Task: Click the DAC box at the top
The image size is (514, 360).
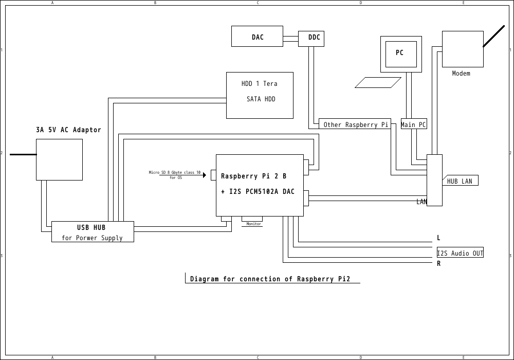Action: [x=257, y=37]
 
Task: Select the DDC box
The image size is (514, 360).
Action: [x=311, y=38]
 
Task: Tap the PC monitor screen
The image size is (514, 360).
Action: [x=401, y=53]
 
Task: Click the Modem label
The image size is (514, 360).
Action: [x=461, y=74]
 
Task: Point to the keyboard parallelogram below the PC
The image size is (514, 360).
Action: [x=378, y=82]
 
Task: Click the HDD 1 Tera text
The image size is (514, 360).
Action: [x=260, y=84]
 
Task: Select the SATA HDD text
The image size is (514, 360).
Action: [x=261, y=99]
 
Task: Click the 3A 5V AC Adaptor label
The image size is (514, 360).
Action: [x=68, y=130]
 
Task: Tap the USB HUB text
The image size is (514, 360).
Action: [x=91, y=227]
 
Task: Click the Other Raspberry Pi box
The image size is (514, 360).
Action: [x=355, y=124]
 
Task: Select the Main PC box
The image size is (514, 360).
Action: [x=414, y=124]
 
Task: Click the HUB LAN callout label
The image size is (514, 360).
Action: [x=460, y=181]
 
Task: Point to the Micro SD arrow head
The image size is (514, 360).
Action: [x=205, y=175]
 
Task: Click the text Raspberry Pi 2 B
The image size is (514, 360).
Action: [x=253, y=176]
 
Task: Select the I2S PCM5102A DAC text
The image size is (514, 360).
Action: [x=258, y=192]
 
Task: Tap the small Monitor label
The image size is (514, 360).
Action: [x=253, y=224]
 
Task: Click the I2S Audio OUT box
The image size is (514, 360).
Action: [x=460, y=253]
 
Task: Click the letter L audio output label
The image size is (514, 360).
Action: [x=438, y=238]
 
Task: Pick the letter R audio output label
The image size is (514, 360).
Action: [x=438, y=264]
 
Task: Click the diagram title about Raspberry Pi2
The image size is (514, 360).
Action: [x=270, y=279]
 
